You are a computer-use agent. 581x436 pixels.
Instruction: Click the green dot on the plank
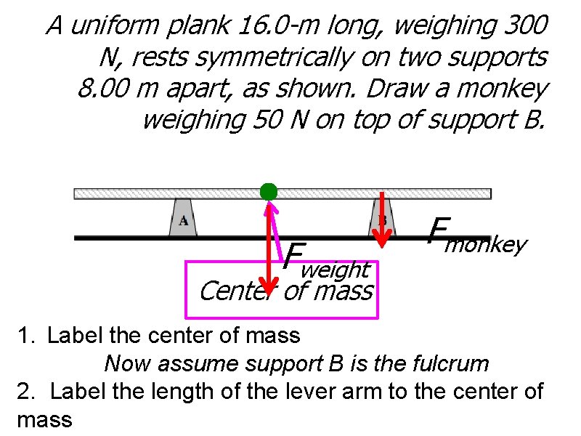[269, 191]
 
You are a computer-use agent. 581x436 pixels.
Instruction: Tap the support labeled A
[183, 218]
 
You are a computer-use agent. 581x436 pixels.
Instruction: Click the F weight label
[327, 262]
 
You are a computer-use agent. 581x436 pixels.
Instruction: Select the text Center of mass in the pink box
[285, 292]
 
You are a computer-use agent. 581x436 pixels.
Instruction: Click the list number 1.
[27, 335]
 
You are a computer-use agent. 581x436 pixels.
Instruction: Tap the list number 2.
[27, 391]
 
